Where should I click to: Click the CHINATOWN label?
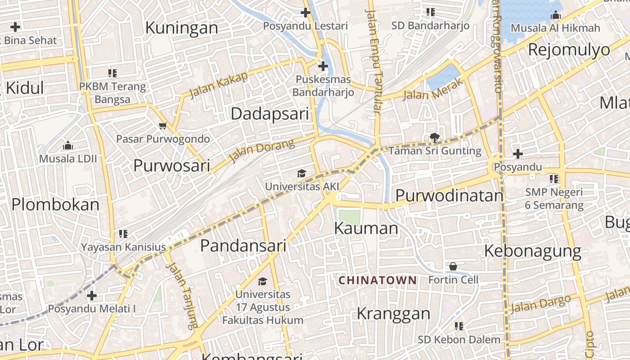tap(378, 280)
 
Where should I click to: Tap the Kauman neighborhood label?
tap(366, 228)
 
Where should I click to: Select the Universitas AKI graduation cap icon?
tap(301, 173)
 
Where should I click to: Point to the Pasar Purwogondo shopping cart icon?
tap(163, 126)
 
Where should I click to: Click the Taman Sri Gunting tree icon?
tap(435, 137)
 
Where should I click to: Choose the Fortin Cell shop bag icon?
tap(453, 266)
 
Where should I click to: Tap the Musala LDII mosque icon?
tap(68, 145)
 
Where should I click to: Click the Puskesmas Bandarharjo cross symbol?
tap(323, 67)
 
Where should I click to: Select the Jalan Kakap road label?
tap(219, 85)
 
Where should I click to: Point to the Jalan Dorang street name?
tap(261, 150)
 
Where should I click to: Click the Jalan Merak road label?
tap(433, 89)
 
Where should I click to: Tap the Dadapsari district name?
tap(270, 113)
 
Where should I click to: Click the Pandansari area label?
tap(243, 246)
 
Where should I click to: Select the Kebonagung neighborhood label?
tap(532, 251)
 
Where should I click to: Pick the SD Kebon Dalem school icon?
tap(459, 326)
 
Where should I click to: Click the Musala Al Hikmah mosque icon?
tap(556, 15)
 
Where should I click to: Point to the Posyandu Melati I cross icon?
tap(92, 296)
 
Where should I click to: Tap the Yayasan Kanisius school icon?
tap(123, 234)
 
